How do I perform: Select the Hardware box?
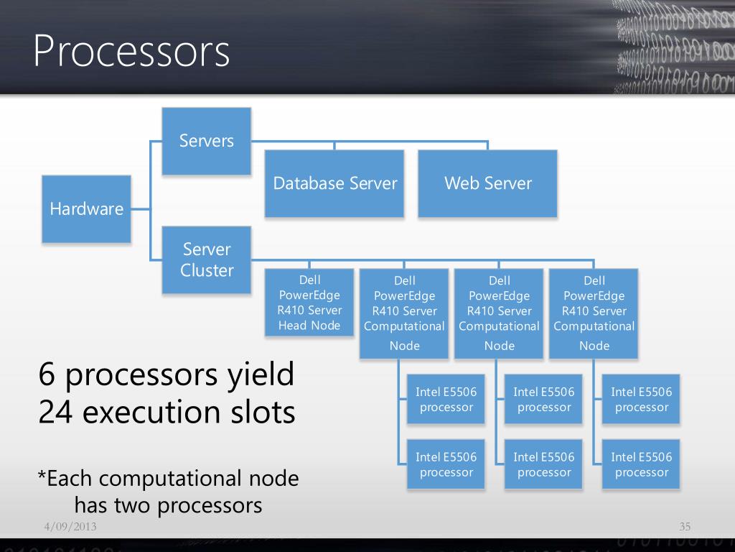[86, 209]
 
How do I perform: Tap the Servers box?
[207, 141]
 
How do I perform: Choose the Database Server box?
[334, 183]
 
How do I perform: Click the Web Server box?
[487, 183]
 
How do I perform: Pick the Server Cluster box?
[207, 259]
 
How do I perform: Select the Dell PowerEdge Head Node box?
[309, 303]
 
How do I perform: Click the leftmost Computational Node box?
[404, 313]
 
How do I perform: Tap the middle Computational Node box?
[499, 313]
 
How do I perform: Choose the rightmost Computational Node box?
[594, 313]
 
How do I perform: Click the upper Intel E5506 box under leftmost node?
[446, 400]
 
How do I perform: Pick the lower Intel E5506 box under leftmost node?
[446, 464]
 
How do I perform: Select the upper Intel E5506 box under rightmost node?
[641, 400]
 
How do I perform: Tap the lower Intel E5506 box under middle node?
[543, 464]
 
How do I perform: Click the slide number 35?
[685, 528]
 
